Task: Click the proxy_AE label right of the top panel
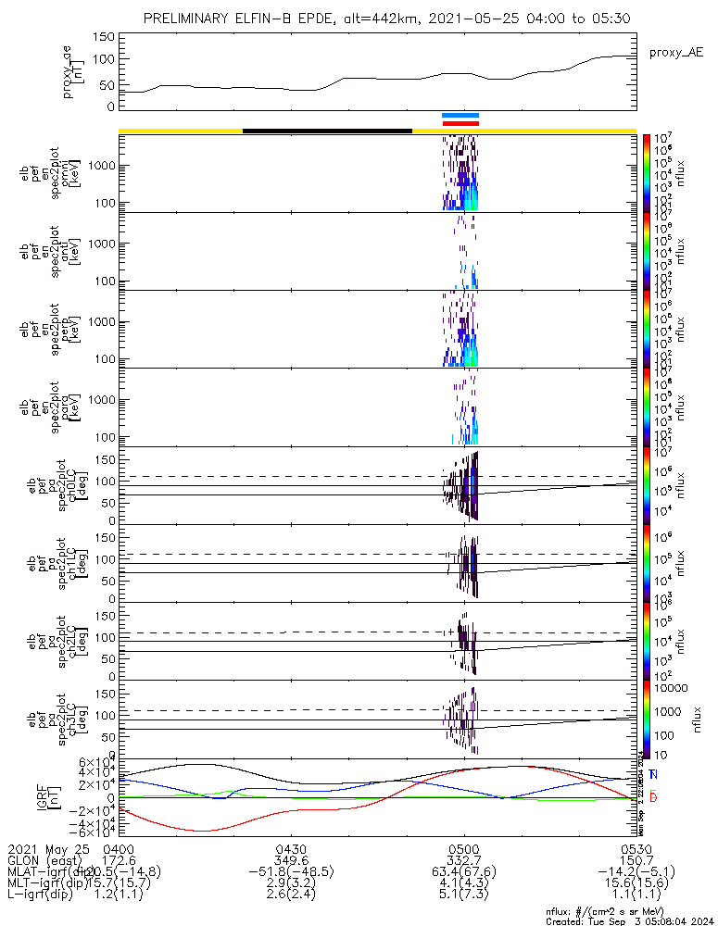pyautogui.click(x=674, y=53)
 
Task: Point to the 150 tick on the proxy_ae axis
pyautogui.click(x=104, y=37)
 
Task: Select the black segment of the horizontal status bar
pyautogui.click(x=326, y=131)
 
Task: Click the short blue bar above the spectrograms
pyautogui.click(x=460, y=116)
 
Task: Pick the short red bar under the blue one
pyautogui.click(x=460, y=123)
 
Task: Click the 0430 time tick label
pyautogui.click(x=291, y=848)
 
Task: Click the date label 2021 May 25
pyautogui.click(x=47, y=848)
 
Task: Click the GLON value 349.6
pyautogui.click(x=291, y=860)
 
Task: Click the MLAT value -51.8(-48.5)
pyautogui.click(x=291, y=871)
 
